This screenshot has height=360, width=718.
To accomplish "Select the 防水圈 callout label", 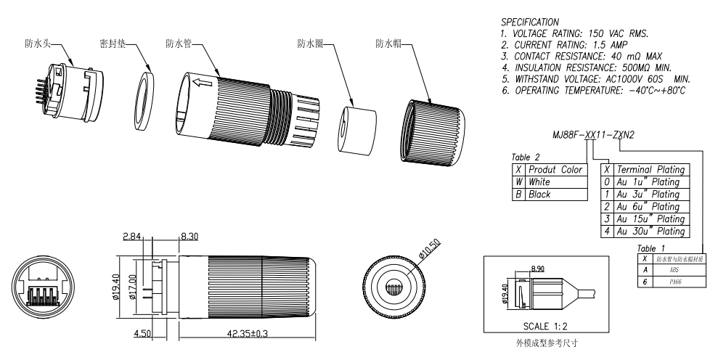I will [311, 44].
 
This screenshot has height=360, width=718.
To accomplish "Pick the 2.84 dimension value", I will [131, 236].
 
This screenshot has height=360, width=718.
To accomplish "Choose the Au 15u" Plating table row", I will [645, 219].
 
